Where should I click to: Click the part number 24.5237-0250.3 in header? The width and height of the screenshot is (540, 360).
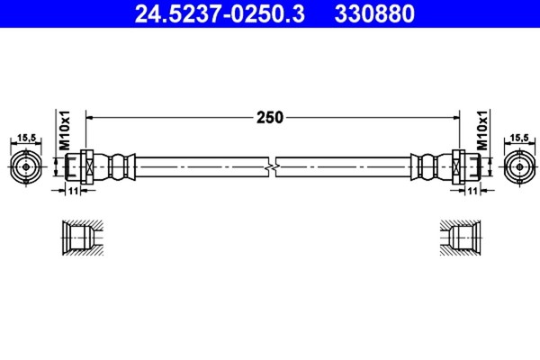coord(220,13)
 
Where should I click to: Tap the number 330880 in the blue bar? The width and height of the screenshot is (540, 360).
coord(374,13)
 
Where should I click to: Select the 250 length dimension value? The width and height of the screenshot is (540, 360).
coord(270,118)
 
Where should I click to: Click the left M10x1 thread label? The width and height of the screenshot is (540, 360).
coord(65,130)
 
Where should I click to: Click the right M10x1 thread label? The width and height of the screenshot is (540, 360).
coord(482,130)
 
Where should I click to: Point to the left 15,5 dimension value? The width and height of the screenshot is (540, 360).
coord(26,138)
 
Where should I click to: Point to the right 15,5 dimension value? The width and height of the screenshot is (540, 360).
coord(519,138)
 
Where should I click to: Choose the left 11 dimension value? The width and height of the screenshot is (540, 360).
coord(73,191)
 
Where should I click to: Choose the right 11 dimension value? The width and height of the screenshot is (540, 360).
coord(472,191)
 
